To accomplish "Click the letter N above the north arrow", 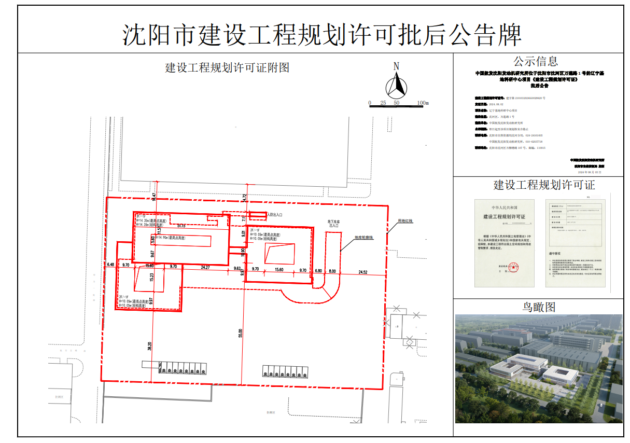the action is click(396, 66).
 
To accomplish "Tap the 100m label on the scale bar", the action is click(423, 103).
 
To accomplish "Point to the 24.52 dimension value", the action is click(362, 271).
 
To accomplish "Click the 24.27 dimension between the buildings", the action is click(205, 267).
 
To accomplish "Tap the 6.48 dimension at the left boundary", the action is click(110, 265).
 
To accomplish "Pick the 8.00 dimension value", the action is click(332, 271).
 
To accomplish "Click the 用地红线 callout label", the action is click(405, 220).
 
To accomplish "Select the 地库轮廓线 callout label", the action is click(364, 238).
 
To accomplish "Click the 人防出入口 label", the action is click(275, 214).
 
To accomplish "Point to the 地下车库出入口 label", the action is click(332, 224).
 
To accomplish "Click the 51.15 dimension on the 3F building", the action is click(181, 226).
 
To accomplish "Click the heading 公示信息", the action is click(536, 62).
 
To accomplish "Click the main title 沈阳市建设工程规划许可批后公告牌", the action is click(321, 35).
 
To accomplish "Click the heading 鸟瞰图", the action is click(538, 307).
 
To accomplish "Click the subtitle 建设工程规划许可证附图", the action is click(227, 67).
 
